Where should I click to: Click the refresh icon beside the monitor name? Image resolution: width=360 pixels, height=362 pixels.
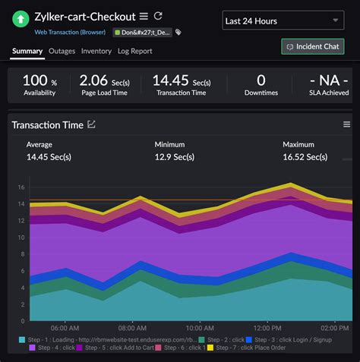(x=158, y=16)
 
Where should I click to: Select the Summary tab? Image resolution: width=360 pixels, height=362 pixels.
(x=27, y=51)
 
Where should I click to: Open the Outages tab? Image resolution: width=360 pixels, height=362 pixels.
(x=62, y=51)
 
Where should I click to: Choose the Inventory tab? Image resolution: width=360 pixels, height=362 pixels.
(x=96, y=51)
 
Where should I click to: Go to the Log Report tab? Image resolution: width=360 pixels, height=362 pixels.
(x=135, y=51)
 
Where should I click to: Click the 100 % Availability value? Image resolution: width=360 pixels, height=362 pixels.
(x=36, y=80)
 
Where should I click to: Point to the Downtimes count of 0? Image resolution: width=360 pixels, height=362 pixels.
(x=261, y=80)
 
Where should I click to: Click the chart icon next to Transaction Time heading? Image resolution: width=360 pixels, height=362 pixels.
(x=92, y=124)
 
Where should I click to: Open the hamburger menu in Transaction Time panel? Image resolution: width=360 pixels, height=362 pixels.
(x=346, y=124)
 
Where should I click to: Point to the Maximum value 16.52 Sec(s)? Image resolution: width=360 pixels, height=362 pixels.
(x=305, y=157)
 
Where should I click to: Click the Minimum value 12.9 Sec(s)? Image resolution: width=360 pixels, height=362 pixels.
(x=175, y=157)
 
